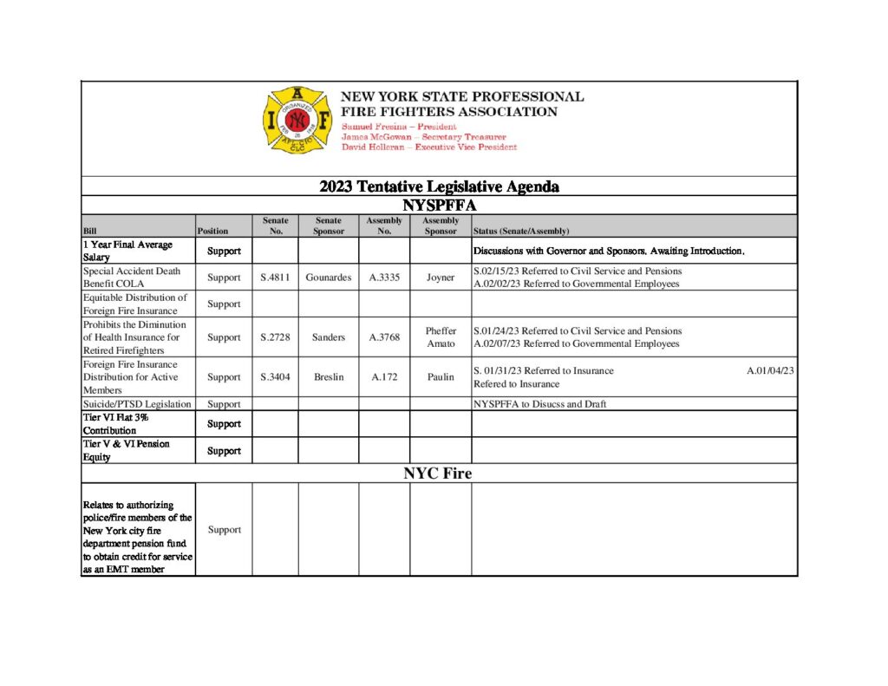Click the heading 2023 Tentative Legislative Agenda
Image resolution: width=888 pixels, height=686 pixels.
(439, 186)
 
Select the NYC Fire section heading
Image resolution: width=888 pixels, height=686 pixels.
(437, 474)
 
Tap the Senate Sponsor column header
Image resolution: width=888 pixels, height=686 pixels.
(328, 226)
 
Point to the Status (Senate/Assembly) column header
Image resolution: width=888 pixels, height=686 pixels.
(520, 232)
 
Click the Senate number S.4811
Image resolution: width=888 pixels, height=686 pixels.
(275, 278)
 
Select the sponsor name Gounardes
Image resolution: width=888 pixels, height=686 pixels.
(328, 278)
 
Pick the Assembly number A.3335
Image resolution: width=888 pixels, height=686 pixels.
(384, 278)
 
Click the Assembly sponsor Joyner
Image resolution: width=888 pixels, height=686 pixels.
(441, 278)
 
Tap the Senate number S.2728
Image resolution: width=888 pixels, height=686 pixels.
(275, 337)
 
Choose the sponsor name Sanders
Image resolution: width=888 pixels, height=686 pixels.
(328, 337)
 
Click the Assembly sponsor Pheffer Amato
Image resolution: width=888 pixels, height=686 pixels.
(441, 337)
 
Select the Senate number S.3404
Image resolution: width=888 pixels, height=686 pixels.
(275, 377)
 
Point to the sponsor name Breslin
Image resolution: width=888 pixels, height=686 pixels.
(328, 377)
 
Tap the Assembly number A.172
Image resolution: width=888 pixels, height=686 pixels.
(384, 377)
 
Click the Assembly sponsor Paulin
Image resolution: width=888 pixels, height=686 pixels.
(441, 377)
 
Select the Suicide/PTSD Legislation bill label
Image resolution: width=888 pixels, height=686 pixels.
(136, 404)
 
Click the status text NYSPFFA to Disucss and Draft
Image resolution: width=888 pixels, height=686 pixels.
(539, 404)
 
